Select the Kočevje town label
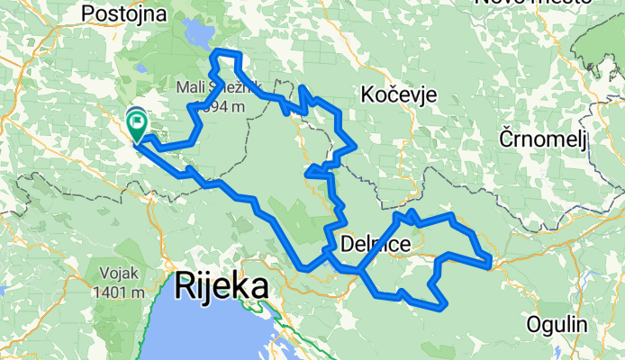[398, 94]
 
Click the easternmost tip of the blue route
[490, 262]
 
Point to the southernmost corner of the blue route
[440, 307]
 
